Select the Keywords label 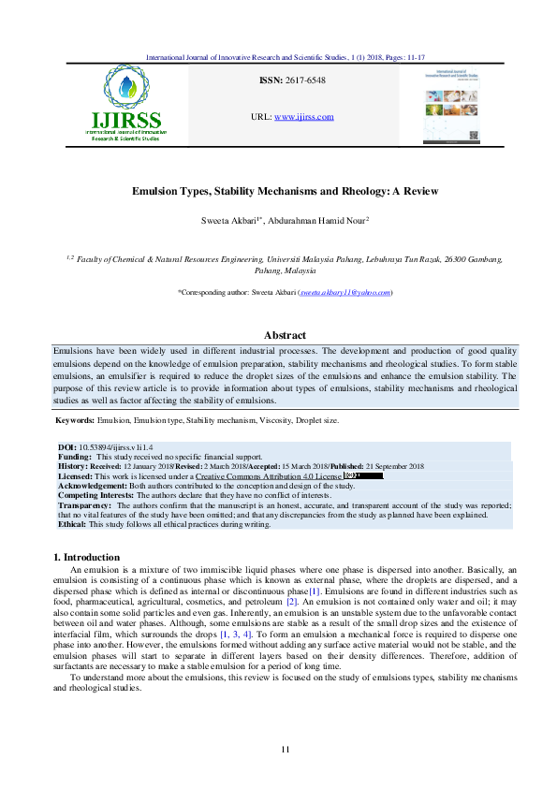75,421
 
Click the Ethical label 72,523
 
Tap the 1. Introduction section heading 87,557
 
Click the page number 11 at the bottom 286,749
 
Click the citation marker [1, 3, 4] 234,635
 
